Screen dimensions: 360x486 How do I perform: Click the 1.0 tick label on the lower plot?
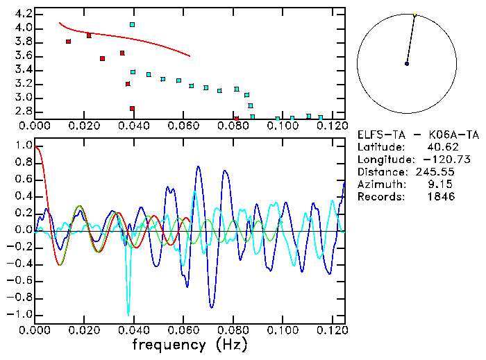22,146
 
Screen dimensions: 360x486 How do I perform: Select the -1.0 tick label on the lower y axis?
19,314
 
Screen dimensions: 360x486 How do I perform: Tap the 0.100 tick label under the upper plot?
282,126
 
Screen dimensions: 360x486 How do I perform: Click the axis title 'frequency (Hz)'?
190,345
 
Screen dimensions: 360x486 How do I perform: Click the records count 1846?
442,197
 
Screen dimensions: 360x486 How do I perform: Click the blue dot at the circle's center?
407,64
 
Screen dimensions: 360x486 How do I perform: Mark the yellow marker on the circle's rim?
414,15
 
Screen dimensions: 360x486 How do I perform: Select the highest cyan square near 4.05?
132,24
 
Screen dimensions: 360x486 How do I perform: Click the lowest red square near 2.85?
132,108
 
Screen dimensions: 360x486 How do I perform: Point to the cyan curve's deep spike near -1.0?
128,314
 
